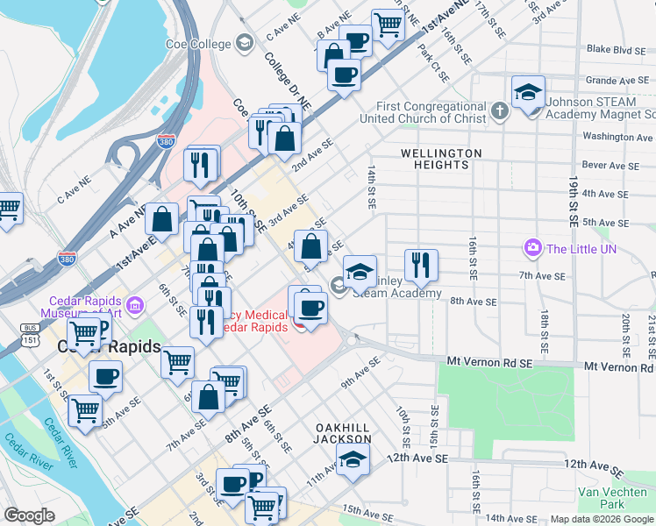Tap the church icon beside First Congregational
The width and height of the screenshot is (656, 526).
tap(500, 111)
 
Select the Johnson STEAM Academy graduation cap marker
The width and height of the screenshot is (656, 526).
tap(528, 93)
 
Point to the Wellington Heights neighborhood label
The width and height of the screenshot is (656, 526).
tap(441, 159)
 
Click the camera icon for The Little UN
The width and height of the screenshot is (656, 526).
tap(532, 249)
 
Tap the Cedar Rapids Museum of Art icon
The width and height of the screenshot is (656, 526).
tap(135, 306)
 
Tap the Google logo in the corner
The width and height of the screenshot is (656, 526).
tap(29, 515)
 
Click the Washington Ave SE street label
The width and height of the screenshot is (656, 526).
tap(617, 137)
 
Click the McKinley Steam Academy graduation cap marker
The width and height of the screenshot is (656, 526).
tap(360, 271)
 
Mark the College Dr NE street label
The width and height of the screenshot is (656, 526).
tap(288, 80)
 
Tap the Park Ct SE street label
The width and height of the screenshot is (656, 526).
tap(435, 70)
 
